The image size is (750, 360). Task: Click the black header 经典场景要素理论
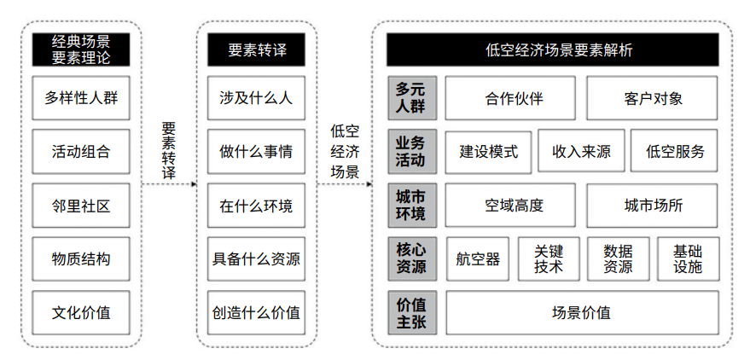[81, 49]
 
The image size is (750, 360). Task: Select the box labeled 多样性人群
[81, 98]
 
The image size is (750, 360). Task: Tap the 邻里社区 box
[81, 205]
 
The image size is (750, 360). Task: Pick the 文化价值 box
[81, 313]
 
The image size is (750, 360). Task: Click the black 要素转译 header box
[256, 49]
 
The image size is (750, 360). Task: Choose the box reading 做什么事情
[256, 152]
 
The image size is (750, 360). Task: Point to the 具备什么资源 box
[256, 258]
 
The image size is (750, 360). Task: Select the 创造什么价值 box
[256, 313]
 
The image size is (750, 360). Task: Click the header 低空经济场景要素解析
[552, 49]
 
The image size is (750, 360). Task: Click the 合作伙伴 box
[510, 98]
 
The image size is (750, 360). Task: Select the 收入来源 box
[581, 151]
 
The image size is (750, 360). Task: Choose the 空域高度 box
[510, 205]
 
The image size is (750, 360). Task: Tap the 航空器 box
[477, 258]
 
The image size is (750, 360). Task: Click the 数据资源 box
[618, 258]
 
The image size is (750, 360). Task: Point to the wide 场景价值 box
[582, 313]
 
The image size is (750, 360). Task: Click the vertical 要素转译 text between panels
[169, 150]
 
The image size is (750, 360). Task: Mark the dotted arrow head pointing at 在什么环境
[195, 184]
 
